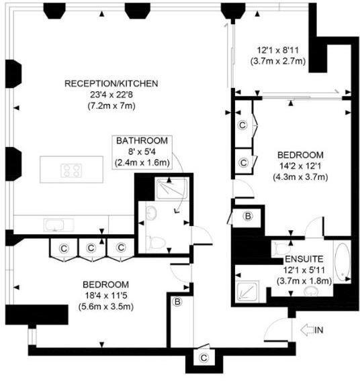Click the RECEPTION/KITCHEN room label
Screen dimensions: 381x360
pyautogui.click(x=111, y=84)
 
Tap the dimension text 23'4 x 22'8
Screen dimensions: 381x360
pyautogui.click(x=111, y=95)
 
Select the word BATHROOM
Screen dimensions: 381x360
pyautogui.click(x=142, y=141)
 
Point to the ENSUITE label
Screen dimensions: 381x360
pyautogui.click(x=304, y=258)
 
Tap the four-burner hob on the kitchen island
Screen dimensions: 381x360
pyautogui.click(x=72, y=170)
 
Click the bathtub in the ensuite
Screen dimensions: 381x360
pyautogui.click(x=342, y=264)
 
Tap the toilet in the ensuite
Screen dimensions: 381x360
pyautogui.click(x=283, y=248)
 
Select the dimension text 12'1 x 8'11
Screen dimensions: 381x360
pyautogui.click(x=281, y=50)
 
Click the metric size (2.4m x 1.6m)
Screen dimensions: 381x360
pyautogui.click(x=142, y=162)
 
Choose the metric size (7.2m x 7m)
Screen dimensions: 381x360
pyautogui.click(x=111, y=106)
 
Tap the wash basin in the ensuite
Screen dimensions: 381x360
pyautogui.click(x=312, y=292)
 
